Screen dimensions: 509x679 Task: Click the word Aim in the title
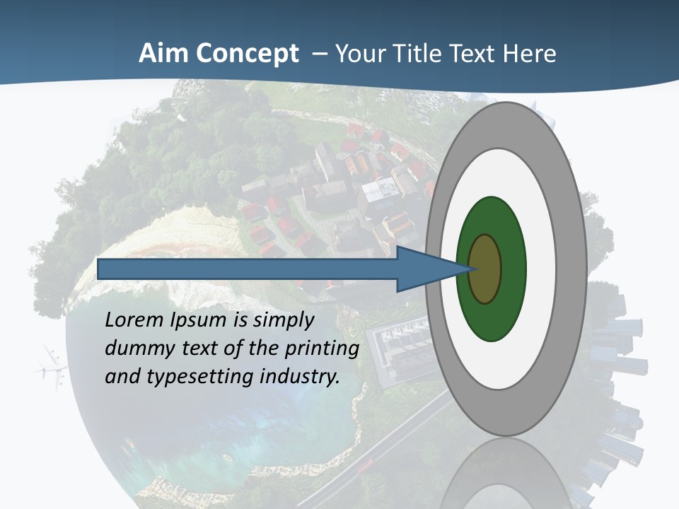click(x=163, y=54)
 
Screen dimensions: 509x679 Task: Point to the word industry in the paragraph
click(x=300, y=377)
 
